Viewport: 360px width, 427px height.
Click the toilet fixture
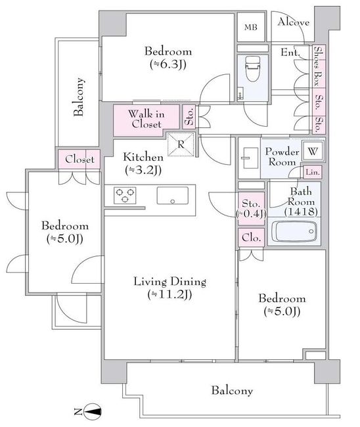pos(252,68)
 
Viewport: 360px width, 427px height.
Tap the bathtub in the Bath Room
pos(294,231)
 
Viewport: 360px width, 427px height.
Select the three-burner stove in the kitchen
pos(125,196)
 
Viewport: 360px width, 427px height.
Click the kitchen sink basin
pos(172,196)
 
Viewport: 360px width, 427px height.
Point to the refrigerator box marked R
pos(181,145)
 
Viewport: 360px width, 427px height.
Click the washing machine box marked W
pos(313,151)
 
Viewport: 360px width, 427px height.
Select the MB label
pos(250,27)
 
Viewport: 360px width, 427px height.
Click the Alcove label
pos(293,22)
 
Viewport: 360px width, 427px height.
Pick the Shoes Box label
pos(318,66)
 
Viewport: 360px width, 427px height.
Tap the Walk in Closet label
pos(146,119)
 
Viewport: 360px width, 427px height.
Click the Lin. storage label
pos(312,172)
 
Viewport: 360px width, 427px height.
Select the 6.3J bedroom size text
pos(168,64)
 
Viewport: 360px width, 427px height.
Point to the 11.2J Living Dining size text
pos(169,294)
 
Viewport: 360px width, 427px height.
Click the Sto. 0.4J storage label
pos(251,209)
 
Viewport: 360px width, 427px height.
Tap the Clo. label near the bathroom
pos(251,238)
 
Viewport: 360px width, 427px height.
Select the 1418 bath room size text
pos(301,212)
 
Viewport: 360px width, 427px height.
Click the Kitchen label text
pos(143,157)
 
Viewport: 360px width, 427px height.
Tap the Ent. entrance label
pos(290,53)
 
